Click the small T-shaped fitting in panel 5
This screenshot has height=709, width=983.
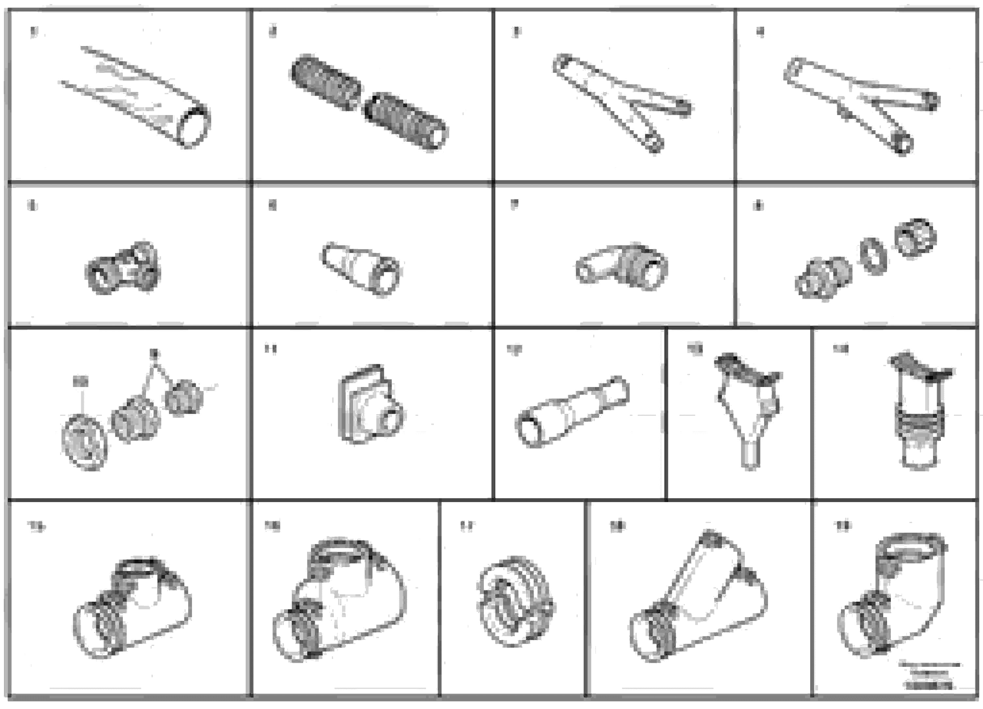pyautogui.click(x=123, y=268)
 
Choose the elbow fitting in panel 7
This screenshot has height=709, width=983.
pyautogui.click(x=622, y=266)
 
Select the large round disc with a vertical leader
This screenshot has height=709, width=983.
pyautogui.click(x=84, y=442)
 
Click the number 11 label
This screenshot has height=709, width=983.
pyautogui.click(x=270, y=349)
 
